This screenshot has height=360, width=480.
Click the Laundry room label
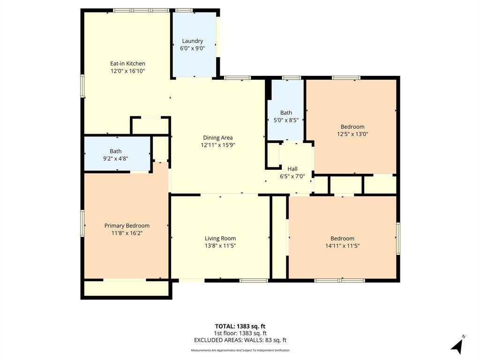(192, 41)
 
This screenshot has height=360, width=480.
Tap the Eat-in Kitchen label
(127, 63)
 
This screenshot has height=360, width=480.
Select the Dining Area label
(218, 138)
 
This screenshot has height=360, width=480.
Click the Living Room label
(220, 239)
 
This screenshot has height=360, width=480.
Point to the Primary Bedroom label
(127, 225)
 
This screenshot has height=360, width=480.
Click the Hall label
(292, 169)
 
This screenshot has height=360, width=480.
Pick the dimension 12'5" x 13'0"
(352, 134)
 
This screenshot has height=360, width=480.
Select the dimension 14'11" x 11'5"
(342, 246)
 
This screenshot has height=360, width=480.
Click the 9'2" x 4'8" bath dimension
(116, 158)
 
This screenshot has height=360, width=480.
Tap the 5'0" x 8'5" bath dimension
(286, 120)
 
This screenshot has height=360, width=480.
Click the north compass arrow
(458, 345)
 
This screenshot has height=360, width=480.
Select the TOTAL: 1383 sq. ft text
(240, 326)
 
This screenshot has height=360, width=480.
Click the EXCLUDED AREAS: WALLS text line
(240, 340)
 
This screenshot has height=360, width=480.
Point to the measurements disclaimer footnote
(240, 350)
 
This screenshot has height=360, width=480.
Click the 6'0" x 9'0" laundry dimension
(192, 48)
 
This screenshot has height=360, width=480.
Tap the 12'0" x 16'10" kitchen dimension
(127, 71)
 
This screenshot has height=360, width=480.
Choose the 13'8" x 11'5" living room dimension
(220, 246)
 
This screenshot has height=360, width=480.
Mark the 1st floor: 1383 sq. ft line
(240, 333)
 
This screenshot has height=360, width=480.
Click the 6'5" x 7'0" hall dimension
(292, 176)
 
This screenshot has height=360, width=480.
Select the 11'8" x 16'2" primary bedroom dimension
(127, 233)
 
